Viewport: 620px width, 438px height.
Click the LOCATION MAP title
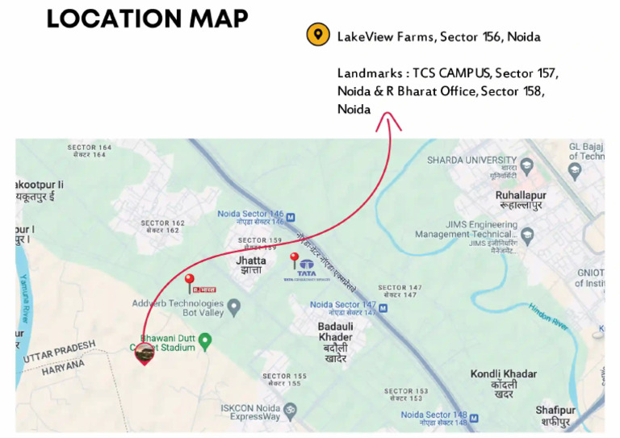click(x=147, y=19)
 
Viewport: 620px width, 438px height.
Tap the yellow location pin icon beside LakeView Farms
click(x=319, y=35)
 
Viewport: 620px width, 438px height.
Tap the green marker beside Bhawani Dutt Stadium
click(x=205, y=343)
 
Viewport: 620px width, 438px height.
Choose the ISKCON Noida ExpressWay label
click(x=250, y=412)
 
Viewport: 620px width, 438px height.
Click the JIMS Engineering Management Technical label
click(x=465, y=230)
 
